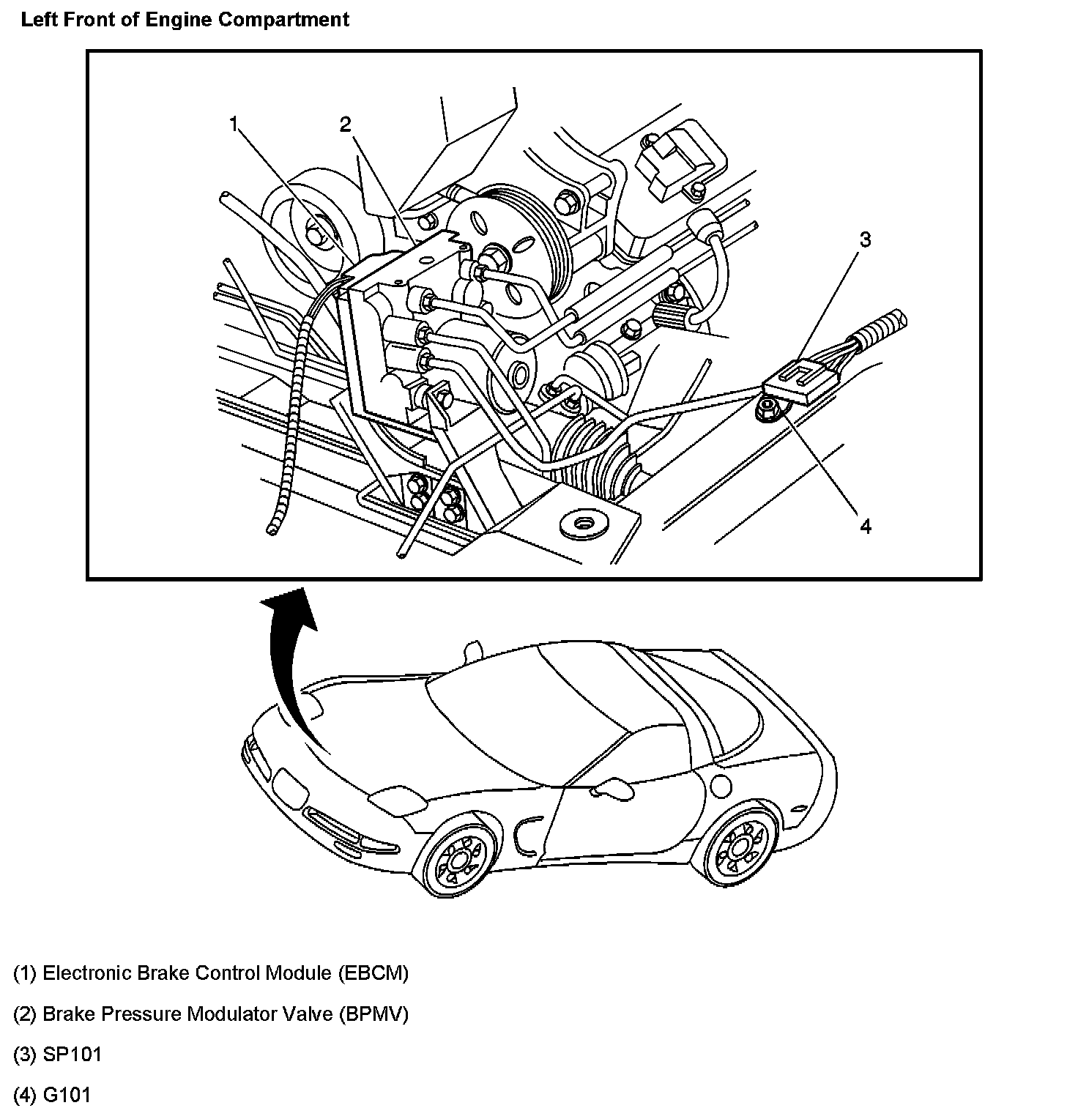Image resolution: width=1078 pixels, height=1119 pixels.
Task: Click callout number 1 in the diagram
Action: (x=234, y=125)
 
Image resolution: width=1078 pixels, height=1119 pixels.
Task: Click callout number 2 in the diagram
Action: (x=345, y=125)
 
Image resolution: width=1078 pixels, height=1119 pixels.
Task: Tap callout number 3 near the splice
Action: (x=865, y=239)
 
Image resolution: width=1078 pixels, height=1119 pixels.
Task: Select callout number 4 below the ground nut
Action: (x=865, y=526)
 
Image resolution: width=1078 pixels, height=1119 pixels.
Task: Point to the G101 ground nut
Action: (x=769, y=407)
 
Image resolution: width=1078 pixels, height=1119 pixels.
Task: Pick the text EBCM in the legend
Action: (x=373, y=973)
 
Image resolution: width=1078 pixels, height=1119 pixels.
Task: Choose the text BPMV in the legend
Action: (x=373, y=1014)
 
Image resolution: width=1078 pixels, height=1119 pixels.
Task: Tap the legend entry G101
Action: (x=67, y=1096)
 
